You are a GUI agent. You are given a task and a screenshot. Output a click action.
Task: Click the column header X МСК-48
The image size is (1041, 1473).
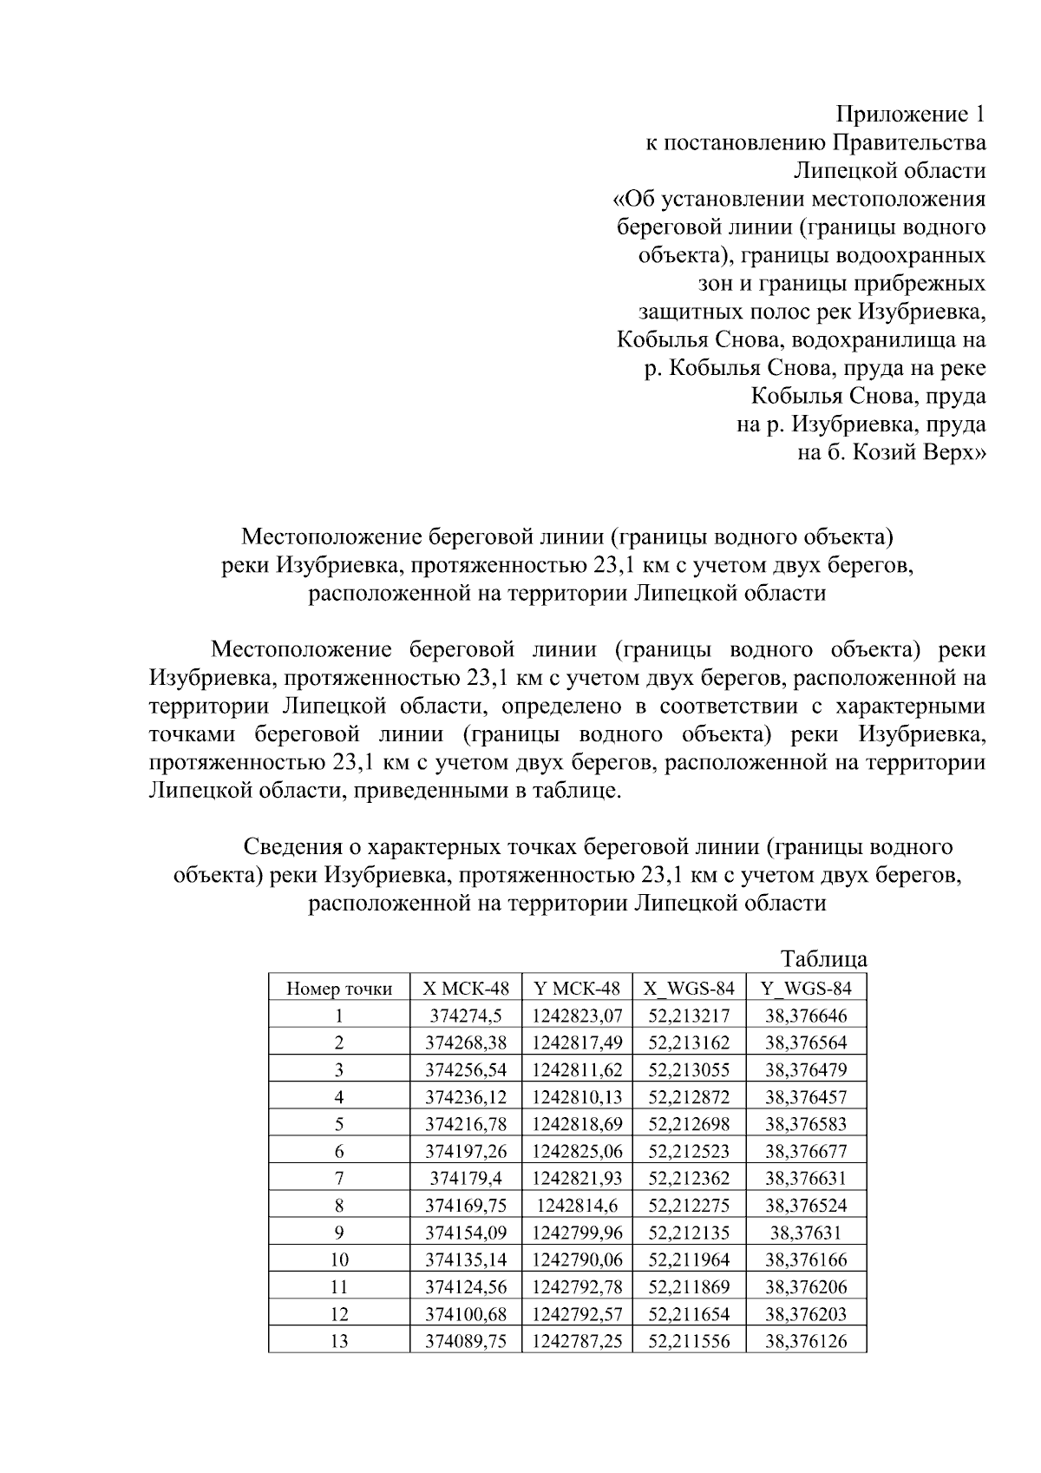(x=466, y=988)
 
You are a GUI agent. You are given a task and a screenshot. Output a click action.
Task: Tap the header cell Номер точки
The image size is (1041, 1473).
(x=339, y=989)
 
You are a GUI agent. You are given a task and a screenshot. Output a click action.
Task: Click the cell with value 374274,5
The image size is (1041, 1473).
(x=466, y=1016)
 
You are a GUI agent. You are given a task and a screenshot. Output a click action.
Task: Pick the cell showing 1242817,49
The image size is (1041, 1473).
(x=578, y=1042)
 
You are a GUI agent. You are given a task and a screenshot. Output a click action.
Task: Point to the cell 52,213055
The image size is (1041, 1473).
(x=689, y=1069)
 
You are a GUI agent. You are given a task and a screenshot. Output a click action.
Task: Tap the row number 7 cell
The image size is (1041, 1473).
(x=339, y=1178)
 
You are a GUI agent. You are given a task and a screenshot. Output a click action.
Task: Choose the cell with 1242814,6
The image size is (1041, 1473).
(x=578, y=1205)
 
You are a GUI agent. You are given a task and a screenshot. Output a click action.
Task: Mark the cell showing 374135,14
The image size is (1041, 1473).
(x=466, y=1259)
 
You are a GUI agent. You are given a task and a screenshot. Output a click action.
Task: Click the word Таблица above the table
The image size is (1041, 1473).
(x=823, y=960)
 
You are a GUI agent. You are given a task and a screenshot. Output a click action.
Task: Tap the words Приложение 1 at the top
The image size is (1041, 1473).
(x=910, y=114)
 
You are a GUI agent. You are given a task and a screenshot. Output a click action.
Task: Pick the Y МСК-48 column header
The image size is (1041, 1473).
(x=578, y=988)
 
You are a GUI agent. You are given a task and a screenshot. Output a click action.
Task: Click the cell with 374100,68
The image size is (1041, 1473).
(x=466, y=1313)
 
